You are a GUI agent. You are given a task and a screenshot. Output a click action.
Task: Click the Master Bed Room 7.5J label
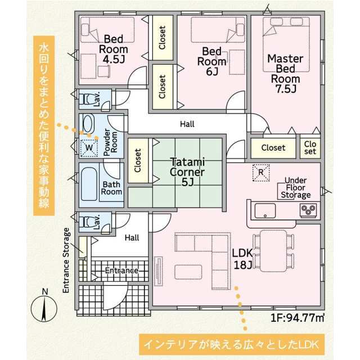[x=285, y=74]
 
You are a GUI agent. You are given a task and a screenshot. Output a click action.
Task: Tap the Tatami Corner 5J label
[x=187, y=172]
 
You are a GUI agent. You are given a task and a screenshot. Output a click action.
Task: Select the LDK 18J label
[x=242, y=259]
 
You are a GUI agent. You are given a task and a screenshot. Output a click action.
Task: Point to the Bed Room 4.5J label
[x=114, y=49]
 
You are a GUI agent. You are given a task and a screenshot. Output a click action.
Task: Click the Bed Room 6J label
[x=212, y=61]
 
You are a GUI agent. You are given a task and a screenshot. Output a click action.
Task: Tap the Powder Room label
[x=110, y=142]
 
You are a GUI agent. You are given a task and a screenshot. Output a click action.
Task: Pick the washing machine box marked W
[x=89, y=148]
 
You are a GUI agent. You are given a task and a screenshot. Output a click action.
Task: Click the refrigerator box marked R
[x=261, y=173]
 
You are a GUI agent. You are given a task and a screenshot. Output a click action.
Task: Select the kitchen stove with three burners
[x=308, y=210]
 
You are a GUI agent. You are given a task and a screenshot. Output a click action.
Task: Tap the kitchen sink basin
[x=265, y=210]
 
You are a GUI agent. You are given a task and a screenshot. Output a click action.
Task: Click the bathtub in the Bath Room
[x=89, y=184]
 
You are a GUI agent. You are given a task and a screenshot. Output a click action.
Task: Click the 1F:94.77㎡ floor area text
[x=298, y=318]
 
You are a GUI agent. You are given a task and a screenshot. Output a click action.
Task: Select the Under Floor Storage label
[x=296, y=187]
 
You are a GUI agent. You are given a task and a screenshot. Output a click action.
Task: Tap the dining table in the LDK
[x=273, y=251]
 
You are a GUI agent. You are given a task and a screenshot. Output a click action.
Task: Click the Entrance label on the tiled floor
[x=121, y=271]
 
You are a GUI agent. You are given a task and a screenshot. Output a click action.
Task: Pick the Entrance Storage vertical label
[x=66, y=260]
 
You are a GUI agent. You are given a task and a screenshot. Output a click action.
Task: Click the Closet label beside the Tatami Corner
[x=138, y=160]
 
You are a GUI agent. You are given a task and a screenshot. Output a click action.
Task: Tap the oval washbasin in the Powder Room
[x=88, y=123]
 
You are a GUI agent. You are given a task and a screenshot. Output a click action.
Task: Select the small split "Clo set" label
[x=310, y=147]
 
